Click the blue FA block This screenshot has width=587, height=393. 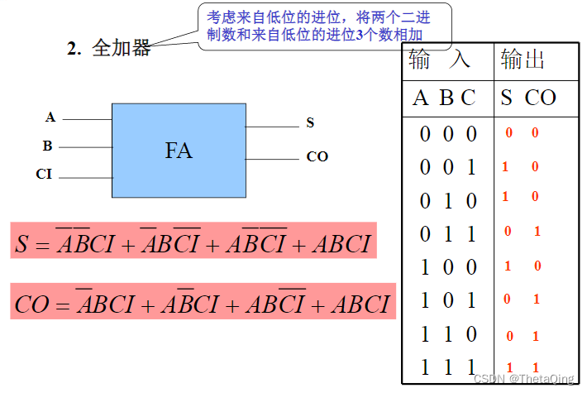click(179, 151)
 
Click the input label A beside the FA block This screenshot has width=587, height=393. click(50, 118)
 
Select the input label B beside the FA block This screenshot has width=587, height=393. click(48, 146)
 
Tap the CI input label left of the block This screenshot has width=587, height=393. click(45, 175)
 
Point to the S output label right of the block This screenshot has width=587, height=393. click(310, 123)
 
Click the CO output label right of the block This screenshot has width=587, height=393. click(317, 156)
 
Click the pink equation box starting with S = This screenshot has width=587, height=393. click(193, 243)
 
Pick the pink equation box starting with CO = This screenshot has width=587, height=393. click(203, 304)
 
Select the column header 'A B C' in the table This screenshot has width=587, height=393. click(444, 98)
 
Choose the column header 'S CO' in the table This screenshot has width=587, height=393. click(528, 98)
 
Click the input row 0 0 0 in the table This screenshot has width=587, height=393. click(448, 134)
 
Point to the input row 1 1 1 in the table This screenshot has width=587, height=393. click(448, 367)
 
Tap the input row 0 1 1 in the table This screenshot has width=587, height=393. click(448, 234)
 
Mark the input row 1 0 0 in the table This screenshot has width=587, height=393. click(448, 267)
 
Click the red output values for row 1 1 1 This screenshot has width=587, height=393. click(523, 367)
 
